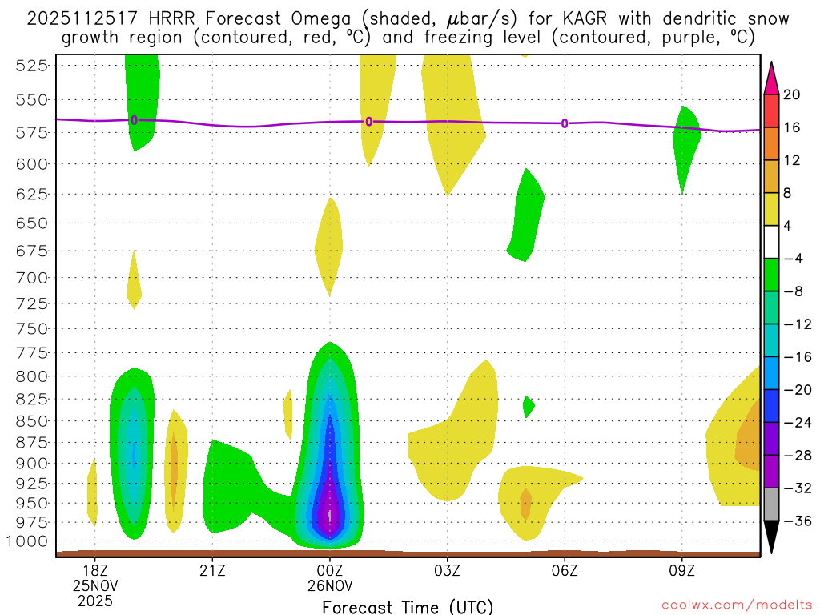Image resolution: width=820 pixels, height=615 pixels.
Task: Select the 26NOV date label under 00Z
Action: point(329,585)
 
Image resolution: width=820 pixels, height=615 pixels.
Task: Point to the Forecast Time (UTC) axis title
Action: point(408,606)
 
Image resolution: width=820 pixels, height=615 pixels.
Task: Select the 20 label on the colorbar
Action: point(792,94)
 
